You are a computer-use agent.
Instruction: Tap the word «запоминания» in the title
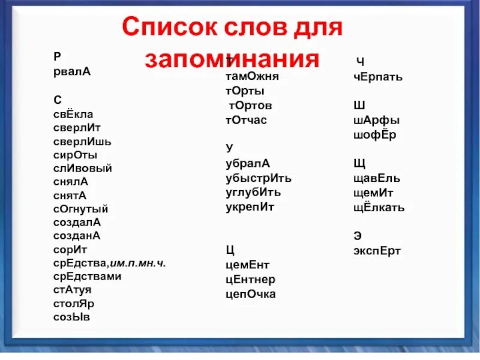[x=232, y=59]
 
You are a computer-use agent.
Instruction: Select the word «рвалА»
[x=72, y=71]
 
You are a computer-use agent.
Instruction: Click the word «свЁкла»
[x=73, y=114]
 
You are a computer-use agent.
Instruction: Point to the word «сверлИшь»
[x=82, y=142]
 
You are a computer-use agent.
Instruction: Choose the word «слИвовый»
[x=82, y=169]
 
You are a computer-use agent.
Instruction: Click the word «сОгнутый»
[x=80, y=209]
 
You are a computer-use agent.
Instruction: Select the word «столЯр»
[x=74, y=303]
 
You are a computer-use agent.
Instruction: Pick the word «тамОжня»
[x=252, y=76]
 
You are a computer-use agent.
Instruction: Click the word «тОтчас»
[x=246, y=119]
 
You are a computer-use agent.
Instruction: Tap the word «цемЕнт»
[x=248, y=265]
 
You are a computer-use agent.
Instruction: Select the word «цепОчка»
[x=251, y=294]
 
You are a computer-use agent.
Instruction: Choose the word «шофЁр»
[x=375, y=134]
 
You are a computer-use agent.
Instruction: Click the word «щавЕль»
[x=377, y=178]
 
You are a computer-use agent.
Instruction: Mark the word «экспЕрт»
[x=377, y=251]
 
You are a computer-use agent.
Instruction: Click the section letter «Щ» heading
[x=359, y=163]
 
